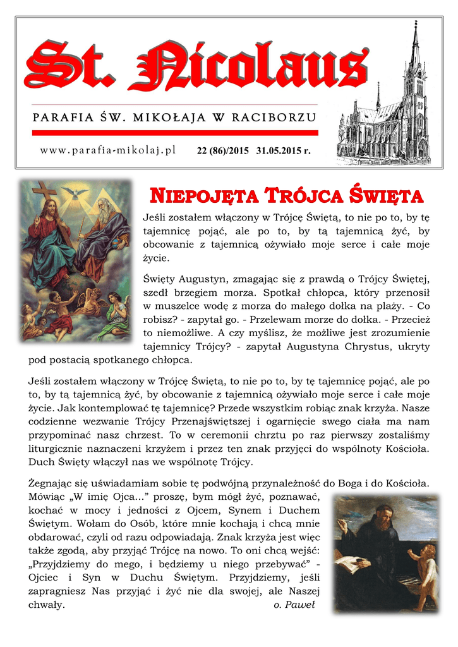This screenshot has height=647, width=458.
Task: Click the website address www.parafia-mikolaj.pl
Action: pyautogui.click(x=107, y=150)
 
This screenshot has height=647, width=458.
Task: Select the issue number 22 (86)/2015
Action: pyautogui.click(x=223, y=152)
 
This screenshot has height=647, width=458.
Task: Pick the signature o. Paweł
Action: pyautogui.click(x=294, y=605)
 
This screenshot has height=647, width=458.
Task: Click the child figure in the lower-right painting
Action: pyautogui.click(x=425, y=572)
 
